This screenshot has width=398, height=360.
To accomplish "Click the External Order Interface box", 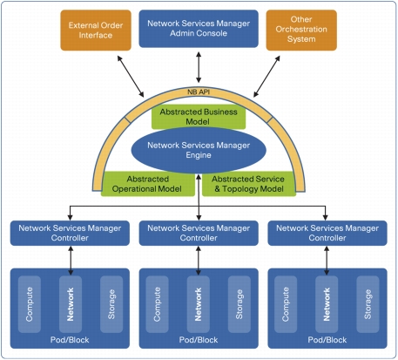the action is pyautogui.click(x=96, y=31).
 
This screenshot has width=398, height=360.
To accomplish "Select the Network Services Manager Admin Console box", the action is pyautogui.click(x=199, y=29).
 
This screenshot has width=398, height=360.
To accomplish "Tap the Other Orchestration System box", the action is pyautogui.click(x=301, y=31).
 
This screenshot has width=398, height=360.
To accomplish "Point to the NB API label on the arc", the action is pyautogui.click(x=199, y=92).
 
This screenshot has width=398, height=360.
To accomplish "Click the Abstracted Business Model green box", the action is pyautogui.click(x=199, y=117).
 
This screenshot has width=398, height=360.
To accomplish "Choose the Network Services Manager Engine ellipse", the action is pyautogui.click(x=199, y=150).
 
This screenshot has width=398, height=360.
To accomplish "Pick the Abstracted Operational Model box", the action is pyautogui.click(x=147, y=184).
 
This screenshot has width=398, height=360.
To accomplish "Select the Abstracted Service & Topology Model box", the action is pyautogui.click(x=249, y=184).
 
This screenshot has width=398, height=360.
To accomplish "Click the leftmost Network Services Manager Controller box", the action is pyautogui.click(x=70, y=233).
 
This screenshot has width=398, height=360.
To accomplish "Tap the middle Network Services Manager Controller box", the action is pyautogui.click(x=199, y=233).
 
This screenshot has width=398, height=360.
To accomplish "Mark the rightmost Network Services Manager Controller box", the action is pyautogui.click(x=327, y=233).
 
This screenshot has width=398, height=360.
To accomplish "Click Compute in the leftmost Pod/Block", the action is pyautogui.click(x=30, y=304).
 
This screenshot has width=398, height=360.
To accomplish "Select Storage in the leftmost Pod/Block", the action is pyautogui.click(x=111, y=304).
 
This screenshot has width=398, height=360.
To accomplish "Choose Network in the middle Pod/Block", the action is pyautogui.click(x=199, y=304).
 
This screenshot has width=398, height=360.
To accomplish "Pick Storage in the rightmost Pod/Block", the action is pyautogui.click(x=368, y=304).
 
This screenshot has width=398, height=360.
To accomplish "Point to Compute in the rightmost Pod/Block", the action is pyautogui.click(x=286, y=304).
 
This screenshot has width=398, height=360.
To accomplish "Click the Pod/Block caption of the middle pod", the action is pyautogui.click(x=199, y=340).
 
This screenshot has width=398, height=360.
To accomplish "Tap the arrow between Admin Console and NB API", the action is pyautogui.click(x=199, y=67).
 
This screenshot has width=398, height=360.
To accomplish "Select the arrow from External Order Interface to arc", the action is pyautogui.click(x=131, y=76).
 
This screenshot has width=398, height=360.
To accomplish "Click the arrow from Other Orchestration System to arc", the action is pyautogui.click(x=266, y=76).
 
